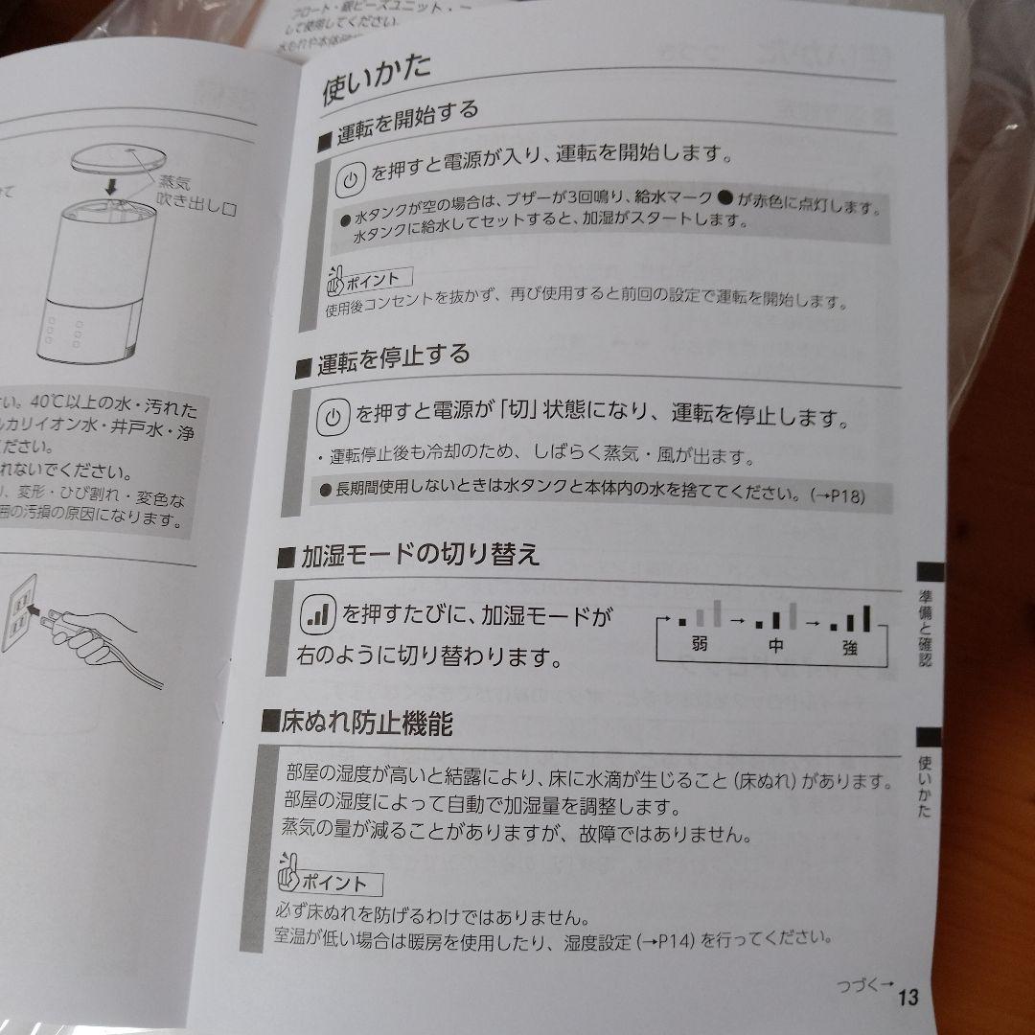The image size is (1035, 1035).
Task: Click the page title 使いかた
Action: pos(377,81)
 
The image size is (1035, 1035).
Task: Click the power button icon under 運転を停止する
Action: pos(332,417)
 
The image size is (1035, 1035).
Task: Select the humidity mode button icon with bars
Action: pos(316,614)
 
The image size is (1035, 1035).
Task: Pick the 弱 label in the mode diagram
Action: pos(697,645)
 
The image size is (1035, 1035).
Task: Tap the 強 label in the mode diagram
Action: pos(849,648)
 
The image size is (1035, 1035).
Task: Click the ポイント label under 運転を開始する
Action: pos(368,279)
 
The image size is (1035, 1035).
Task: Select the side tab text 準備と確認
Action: pos(925,628)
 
